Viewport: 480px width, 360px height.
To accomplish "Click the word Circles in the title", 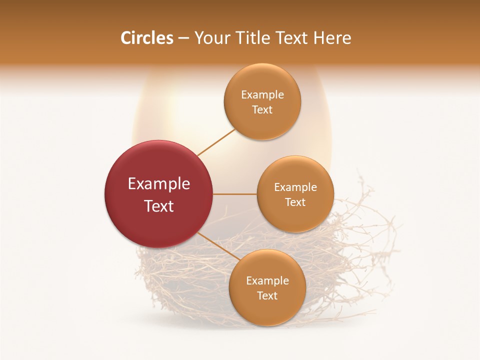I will [x=147, y=38].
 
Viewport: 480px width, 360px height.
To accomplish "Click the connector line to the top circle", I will [x=216, y=142].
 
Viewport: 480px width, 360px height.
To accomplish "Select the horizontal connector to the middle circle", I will [x=234, y=194].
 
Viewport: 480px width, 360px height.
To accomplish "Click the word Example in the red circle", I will [x=159, y=184].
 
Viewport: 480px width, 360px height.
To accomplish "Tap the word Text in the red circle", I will [x=159, y=206].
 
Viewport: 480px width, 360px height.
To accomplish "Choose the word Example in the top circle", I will [x=262, y=95].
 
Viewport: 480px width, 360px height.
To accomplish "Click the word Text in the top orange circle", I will [x=262, y=109].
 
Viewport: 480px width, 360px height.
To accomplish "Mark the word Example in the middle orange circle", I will [x=295, y=187].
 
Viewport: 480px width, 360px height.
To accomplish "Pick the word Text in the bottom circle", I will [x=267, y=295].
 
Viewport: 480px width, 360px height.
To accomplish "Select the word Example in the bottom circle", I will [x=267, y=281].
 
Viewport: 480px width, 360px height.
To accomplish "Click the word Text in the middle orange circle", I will [x=295, y=202].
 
